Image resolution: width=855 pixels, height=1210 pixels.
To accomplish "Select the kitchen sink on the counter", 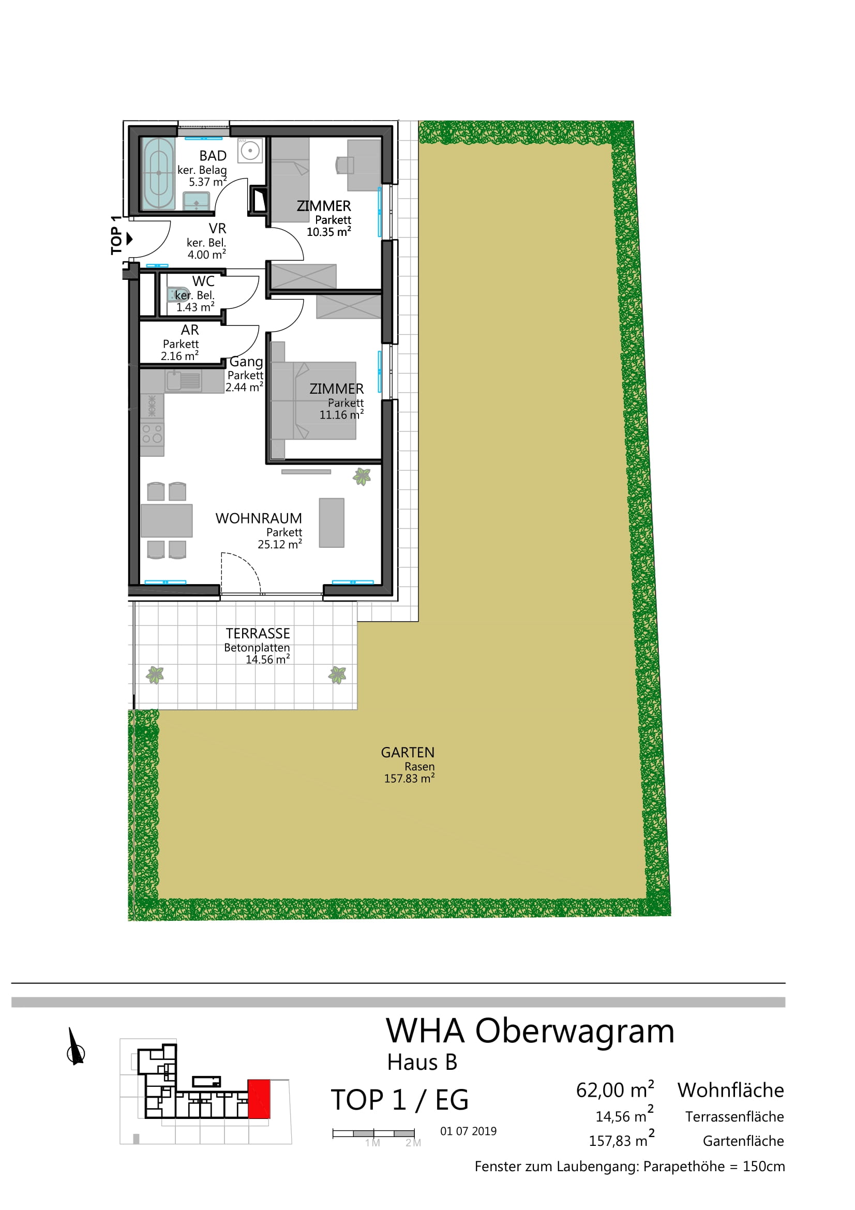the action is (184, 381).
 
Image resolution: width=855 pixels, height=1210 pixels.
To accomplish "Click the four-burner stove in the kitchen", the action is (152, 433).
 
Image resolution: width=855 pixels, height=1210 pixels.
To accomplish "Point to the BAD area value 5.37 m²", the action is (207, 182).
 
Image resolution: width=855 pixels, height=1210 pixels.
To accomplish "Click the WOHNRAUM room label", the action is (259, 518).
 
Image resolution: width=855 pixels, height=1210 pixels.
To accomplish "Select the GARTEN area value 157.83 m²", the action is (409, 778).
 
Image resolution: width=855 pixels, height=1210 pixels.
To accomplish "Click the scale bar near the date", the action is (373, 1132).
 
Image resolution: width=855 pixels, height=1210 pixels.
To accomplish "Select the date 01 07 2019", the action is (468, 1131).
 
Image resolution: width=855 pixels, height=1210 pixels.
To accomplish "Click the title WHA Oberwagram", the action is (530, 1032).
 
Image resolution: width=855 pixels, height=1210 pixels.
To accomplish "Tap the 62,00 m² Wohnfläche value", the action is (615, 1090).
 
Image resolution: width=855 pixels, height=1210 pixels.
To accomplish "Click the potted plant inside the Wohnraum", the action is (362, 476).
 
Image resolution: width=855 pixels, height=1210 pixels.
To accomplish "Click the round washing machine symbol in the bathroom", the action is (250, 151).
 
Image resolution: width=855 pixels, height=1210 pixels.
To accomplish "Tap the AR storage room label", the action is (190, 330).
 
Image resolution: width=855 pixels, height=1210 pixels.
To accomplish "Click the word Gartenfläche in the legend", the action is (743, 1141).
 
